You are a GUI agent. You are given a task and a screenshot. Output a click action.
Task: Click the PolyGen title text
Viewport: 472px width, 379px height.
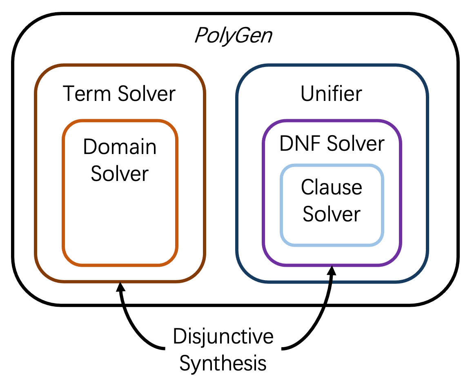[x=233, y=36]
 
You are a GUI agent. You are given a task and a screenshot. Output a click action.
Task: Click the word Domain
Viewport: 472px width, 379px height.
[x=120, y=147]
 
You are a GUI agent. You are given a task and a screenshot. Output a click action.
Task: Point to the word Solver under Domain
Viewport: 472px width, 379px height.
[x=120, y=174]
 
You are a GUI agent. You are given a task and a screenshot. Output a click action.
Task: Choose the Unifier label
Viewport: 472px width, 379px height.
[x=331, y=94]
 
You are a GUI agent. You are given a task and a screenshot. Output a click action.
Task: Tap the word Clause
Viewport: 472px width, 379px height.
[x=332, y=187]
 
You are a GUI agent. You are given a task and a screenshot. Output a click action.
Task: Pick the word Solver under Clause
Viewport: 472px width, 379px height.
[x=332, y=214]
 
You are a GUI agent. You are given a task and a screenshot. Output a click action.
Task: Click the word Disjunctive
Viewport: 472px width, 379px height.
[x=223, y=337]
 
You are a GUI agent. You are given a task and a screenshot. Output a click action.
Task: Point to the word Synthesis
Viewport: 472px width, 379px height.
[x=223, y=363]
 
